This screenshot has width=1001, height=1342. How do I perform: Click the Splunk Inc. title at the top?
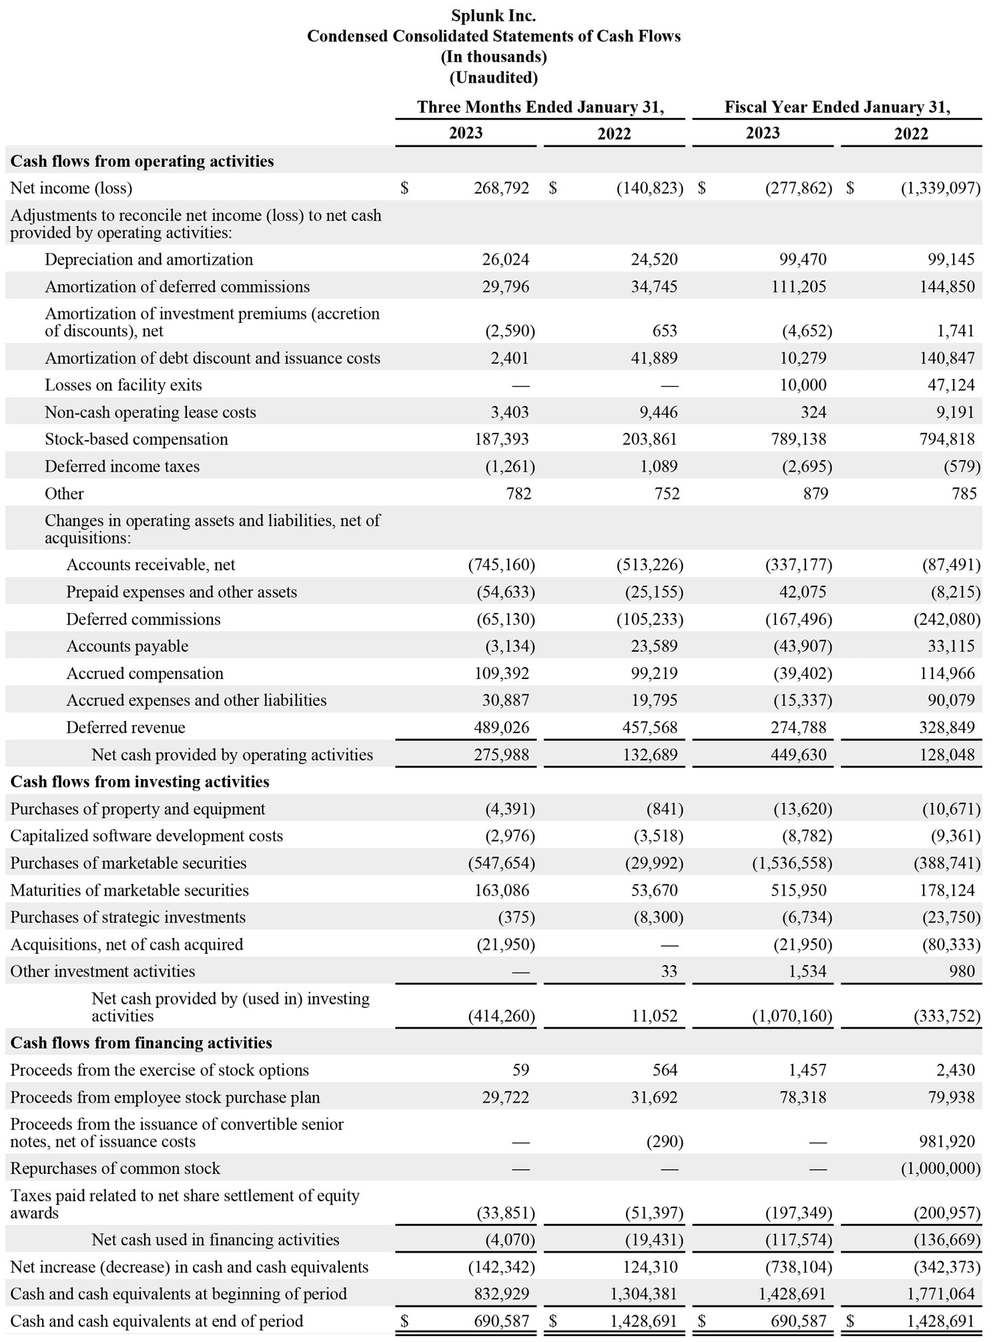(x=493, y=15)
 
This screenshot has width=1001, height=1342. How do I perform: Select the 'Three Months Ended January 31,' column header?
(x=540, y=107)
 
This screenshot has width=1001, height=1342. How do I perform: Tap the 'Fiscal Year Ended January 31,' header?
(x=837, y=107)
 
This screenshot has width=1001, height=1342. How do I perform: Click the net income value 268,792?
(x=501, y=188)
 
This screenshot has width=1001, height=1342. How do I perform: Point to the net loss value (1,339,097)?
(x=940, y=188)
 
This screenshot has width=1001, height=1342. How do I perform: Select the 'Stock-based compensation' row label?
(x=136, y=439)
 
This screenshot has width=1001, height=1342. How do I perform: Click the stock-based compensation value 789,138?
(x=798, y=439)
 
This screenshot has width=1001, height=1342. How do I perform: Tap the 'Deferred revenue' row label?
(x=125, y=727)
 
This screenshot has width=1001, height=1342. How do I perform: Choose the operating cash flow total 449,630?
(x=798, y=754)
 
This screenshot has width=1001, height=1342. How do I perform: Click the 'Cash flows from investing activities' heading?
(x=139, y=782)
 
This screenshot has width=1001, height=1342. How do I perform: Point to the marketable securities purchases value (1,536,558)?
(x=792, y=863)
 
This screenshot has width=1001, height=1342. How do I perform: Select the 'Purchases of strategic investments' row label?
(x=127, y=917)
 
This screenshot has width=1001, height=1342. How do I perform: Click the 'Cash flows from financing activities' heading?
(x=141, y=1043)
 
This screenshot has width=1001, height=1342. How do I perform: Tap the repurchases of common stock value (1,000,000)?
(x=940, y=1169)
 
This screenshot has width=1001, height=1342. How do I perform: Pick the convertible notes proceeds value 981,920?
(x=946, y=1141)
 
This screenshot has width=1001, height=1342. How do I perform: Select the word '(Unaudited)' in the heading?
(x=493, y=77)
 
